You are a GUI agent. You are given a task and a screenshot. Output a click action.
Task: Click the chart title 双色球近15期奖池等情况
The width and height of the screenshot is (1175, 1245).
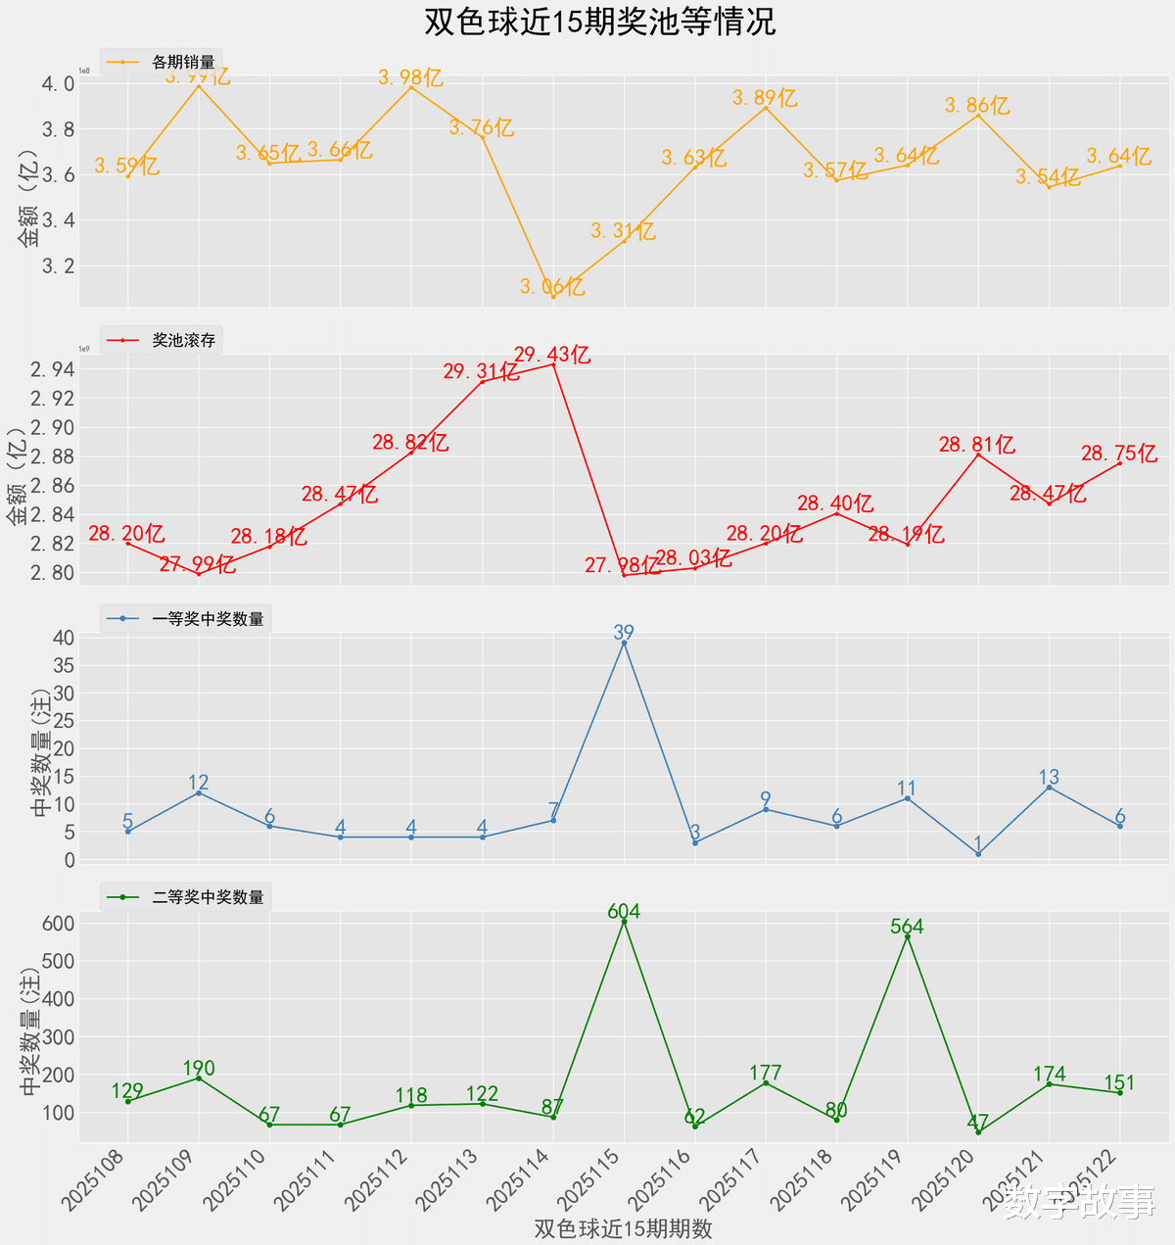pos(599,22)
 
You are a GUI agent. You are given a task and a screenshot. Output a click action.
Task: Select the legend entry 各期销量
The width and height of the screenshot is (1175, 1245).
pos(183,63)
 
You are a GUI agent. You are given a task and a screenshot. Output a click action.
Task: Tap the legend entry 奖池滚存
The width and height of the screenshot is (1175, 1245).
pos(183,341)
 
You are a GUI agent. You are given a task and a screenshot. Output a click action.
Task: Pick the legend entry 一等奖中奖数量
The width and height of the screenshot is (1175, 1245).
pos(208,619)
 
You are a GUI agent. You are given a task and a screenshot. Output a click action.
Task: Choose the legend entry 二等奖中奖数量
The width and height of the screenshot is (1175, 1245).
pos(208,897)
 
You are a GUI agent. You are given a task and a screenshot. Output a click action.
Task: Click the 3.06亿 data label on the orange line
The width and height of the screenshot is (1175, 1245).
pos(552,287)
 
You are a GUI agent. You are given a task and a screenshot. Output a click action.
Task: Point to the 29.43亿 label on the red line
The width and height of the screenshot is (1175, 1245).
pos(552,355)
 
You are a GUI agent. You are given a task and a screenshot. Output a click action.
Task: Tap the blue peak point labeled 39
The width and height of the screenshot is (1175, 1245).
pos(624,643)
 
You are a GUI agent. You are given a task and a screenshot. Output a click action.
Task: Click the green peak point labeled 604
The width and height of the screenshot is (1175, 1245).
pos(624,922)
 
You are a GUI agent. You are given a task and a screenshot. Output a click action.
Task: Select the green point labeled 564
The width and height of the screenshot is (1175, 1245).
pos(907,936)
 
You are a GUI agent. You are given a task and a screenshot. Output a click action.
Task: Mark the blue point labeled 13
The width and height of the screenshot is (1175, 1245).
pos(1049,788)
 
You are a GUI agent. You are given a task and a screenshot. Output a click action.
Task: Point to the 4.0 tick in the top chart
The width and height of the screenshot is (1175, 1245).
pos(58,84)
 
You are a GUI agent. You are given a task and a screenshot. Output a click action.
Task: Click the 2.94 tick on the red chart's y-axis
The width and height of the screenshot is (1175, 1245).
pos(51,369)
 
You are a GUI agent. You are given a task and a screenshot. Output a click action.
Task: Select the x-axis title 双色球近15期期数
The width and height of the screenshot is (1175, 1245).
pos(624,1228)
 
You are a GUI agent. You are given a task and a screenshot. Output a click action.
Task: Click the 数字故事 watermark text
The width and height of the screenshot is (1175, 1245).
pos(1080,1202)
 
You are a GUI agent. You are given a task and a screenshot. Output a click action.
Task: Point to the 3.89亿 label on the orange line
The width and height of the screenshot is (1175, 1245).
pos(765,98)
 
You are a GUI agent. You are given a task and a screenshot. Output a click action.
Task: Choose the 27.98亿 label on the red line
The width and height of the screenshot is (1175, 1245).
pos(623,565)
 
